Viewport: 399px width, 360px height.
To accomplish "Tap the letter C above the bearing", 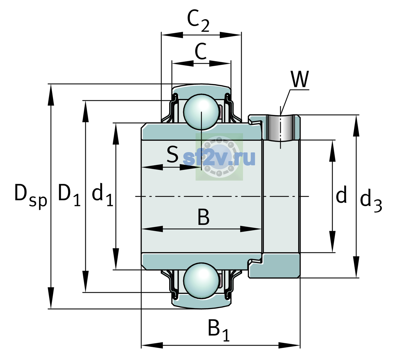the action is (200, 51).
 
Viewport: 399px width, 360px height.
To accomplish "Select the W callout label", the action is (299, 79).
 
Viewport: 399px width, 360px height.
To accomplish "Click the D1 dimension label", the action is (69, 195).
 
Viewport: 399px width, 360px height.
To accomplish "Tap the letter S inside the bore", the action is (172, 154).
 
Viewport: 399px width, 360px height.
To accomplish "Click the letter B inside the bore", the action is (203, 217).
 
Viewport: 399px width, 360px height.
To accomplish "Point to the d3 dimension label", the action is (371, 200).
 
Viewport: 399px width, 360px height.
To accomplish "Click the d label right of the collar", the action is (341, 194).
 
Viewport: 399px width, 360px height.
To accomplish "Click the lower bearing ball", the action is (201, 281).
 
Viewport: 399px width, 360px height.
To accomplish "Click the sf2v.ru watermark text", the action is (219, 158).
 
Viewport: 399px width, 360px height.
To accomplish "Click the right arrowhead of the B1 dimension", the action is (289, 345).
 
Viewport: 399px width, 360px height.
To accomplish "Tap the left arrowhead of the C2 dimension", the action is (172, 35).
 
